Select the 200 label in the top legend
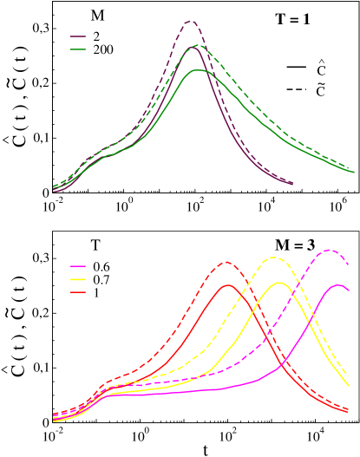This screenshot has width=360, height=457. (102, 50)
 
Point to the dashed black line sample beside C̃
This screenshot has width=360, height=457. (299, 90)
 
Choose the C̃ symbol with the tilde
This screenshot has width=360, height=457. (321, 90)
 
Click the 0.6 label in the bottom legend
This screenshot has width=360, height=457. (102, 264)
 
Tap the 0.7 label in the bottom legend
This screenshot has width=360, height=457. (102, 279)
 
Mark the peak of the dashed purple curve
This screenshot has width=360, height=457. (190, 21)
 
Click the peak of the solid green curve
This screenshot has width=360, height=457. (199, 69)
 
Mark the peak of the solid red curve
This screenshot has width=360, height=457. (228, 284)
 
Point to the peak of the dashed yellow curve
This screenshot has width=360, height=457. (275, 257)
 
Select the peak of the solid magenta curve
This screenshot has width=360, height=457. (337, 284)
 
